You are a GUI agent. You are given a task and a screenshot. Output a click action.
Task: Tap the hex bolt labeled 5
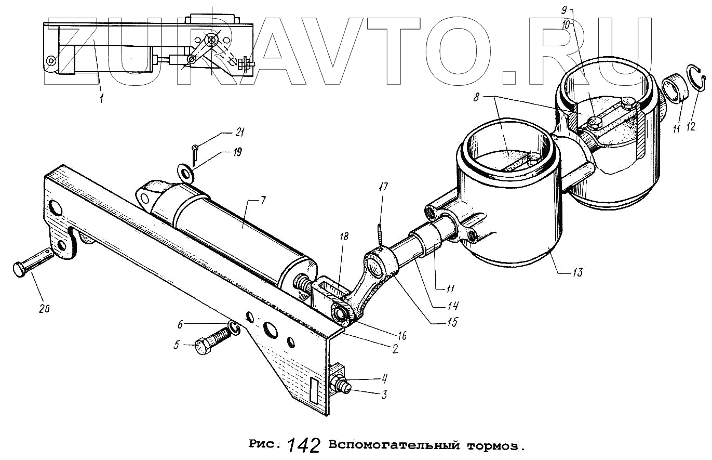211,341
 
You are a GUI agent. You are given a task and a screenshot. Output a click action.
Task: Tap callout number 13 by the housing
578,272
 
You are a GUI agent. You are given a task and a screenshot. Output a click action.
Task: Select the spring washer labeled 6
234,328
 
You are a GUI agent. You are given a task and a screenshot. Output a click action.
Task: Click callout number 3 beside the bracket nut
384,395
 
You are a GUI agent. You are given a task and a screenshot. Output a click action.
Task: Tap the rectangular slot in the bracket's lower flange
315,389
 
